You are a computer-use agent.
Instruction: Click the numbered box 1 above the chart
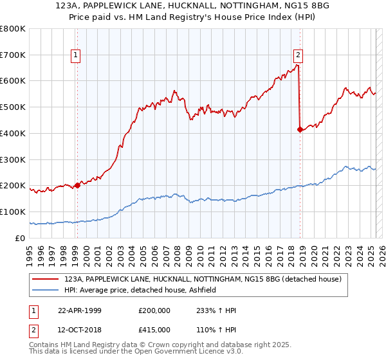click(x=77, y=55)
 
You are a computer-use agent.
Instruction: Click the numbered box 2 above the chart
click(x=299, y=55)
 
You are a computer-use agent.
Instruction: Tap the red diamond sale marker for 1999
click(x=77, y=185)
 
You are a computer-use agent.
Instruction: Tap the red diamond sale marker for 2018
click(x=300, y=129)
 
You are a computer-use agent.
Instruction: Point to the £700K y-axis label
click(x=13, y=55)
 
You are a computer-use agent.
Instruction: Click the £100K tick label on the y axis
click(x=13, y=212)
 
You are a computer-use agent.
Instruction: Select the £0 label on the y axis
click(x=20, y=238)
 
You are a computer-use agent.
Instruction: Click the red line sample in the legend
click(x=46, y=279)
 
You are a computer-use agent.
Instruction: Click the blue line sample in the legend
click(x=46, y=290)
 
